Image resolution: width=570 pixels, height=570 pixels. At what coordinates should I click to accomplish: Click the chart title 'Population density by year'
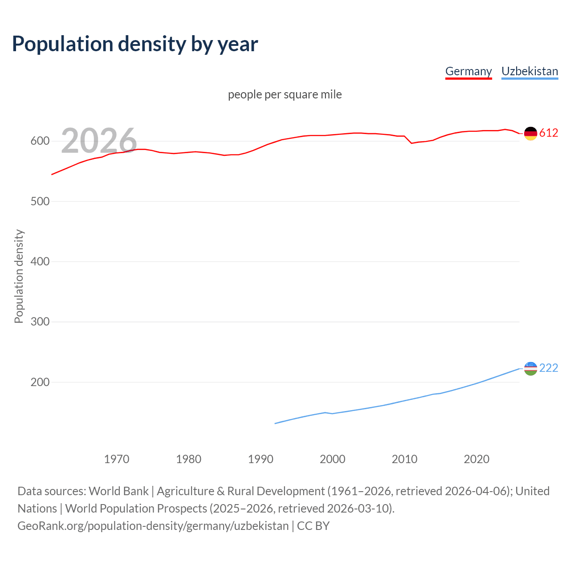(135, 44)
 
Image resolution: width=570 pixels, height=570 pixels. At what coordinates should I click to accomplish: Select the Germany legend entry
(468, 71)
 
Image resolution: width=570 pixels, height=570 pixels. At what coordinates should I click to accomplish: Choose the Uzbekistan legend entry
(529, 71)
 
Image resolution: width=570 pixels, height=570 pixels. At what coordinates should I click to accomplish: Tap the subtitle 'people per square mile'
(285, 94)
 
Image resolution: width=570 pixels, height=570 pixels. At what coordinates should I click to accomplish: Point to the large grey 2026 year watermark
(99, 141)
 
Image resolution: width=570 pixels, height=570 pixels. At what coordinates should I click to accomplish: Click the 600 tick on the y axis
(40, 141)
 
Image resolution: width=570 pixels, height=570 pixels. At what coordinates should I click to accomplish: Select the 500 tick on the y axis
(40, 201)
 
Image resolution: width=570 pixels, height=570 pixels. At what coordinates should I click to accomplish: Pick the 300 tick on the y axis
(40, 322)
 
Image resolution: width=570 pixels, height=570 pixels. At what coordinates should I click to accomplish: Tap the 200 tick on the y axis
(40, 382)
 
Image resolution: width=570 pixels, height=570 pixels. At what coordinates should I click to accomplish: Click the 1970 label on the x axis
(117, 459)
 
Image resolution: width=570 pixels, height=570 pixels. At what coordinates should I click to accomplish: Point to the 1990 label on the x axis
(261, 459)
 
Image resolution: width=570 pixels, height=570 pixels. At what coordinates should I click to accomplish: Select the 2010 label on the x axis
(404, 459)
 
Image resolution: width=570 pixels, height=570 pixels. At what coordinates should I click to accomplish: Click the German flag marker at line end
(530, 133)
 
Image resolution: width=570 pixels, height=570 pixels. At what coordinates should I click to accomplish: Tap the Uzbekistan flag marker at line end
(530, 368)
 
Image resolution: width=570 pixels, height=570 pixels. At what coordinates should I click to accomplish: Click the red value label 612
(549, 133)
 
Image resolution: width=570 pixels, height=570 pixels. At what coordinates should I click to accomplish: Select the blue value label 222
(549, 368)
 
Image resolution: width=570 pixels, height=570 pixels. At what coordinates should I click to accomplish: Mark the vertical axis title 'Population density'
(19, 276)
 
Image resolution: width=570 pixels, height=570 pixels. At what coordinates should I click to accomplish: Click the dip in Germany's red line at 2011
(411, 143)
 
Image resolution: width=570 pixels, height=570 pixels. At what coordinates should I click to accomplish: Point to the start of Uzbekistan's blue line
(275, 423)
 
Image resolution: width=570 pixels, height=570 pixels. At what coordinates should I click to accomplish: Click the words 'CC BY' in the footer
(313, 526)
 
